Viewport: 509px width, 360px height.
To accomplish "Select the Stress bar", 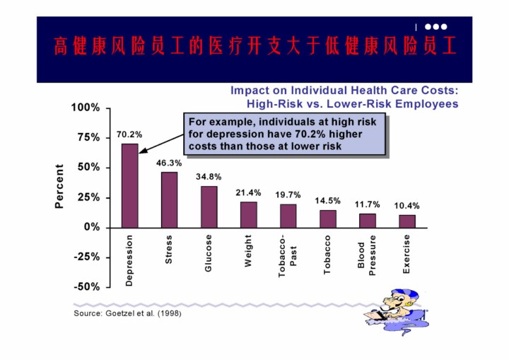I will point(169,199).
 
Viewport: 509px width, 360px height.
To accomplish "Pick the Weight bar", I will point(248,214).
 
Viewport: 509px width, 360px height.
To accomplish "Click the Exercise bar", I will point(407,221).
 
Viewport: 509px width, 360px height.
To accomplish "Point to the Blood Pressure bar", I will point(368,220).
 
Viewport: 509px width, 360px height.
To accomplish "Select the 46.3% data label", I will point(169,163).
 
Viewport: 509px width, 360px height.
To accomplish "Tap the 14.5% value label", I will point(327,201).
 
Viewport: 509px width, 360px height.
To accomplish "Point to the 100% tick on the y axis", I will point(86,108).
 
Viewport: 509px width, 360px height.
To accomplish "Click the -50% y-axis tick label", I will point(86,286).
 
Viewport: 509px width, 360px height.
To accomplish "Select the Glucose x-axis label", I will point(209,254).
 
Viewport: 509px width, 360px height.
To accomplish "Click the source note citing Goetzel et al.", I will point(127,313).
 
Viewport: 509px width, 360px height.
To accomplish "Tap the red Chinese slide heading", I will point(255,47).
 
